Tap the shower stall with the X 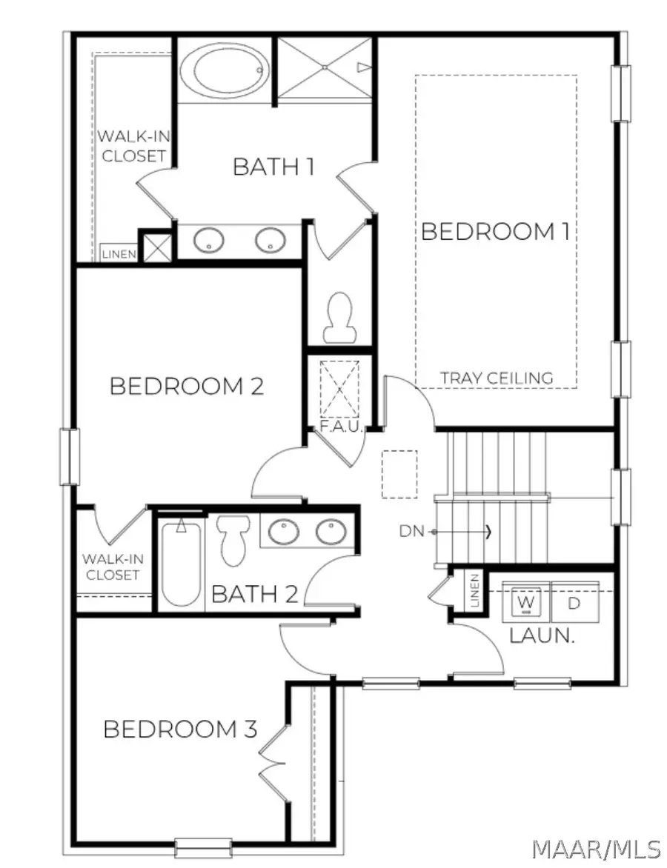(325, 68)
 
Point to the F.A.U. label (341, 427)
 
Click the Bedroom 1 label (495, 231)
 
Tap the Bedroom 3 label (181, 729)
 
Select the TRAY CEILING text (497, 378)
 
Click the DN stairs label (411, 532)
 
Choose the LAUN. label (542, 635)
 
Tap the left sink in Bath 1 (208, 241)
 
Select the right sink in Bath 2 (331, 532)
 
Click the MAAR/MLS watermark (596, 848)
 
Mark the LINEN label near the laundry (475, 591)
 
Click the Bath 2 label (255, 594)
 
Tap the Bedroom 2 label (187, 387)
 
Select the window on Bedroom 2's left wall (70, 457)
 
